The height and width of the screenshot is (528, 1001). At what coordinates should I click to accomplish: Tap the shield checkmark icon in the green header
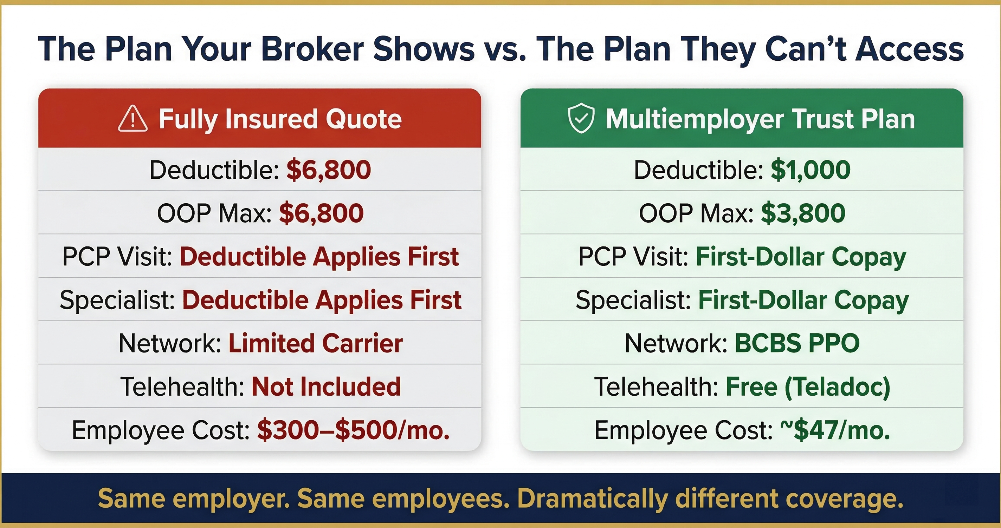click(581, 118)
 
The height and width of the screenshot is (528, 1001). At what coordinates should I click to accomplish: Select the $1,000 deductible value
click(811, 170)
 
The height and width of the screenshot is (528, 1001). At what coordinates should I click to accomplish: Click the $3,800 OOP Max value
click(803, 213)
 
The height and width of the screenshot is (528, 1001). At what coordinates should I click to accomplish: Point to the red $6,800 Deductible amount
click(329, 170)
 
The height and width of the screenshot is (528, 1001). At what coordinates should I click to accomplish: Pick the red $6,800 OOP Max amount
click(321, 213)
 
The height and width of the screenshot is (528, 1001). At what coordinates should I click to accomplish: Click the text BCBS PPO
click(797, 343)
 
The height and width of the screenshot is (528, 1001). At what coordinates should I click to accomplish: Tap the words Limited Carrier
click(315, 343)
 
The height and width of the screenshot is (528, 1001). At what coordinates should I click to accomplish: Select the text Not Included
click(326, 387)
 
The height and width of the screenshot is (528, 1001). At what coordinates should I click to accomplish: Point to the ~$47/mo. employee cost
click(835, 430)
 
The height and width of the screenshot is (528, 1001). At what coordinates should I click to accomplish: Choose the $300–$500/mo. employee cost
click(353, 430)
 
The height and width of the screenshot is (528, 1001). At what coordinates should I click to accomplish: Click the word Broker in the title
click(312, 49)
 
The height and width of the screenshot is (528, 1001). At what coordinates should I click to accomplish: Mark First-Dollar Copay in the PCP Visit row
click(801, 257)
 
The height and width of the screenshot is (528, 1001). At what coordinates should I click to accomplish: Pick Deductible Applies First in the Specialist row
click(322, 300)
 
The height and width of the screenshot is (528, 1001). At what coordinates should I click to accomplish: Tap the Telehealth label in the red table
click(182, 387)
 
